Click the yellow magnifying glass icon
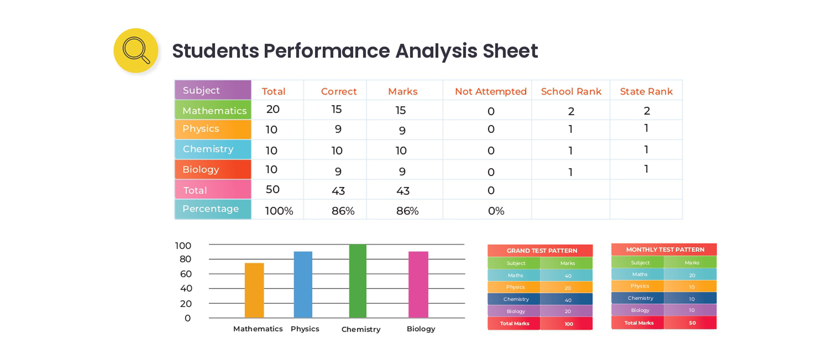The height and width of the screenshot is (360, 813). [136, 50]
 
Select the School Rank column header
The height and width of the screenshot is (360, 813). [571, 91]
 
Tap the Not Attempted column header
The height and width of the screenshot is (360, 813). [491, 91]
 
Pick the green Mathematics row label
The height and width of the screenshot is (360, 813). [213, 110]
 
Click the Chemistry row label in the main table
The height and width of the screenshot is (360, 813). [213, 149]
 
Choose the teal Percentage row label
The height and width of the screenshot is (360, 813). [213, 209]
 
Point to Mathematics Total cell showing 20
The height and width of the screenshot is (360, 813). [273, 109]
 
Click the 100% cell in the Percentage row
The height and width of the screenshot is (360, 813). [279, 211]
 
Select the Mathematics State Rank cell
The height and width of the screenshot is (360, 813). [647, 111]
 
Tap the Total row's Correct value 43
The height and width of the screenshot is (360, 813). [338, 191]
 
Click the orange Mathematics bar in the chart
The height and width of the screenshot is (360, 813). [254, 290]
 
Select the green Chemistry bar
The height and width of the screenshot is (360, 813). [358, 281]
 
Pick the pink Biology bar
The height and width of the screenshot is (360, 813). [418, 285]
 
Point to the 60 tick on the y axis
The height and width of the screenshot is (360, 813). [186, 274]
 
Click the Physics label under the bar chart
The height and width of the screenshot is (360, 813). [305, 329]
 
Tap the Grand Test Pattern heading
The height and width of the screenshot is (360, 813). [542, 251]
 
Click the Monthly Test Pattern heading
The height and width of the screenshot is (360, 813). [665, 250]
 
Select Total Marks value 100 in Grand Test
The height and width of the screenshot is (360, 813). [569, 324]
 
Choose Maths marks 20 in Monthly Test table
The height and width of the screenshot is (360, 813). [692, 275]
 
